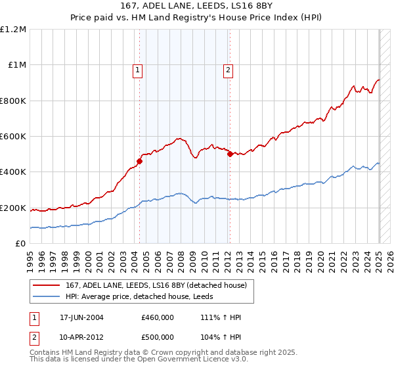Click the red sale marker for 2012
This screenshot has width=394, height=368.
230,154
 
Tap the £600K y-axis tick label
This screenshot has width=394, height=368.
13,137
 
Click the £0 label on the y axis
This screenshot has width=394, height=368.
21,244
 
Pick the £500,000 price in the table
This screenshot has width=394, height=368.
158,336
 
